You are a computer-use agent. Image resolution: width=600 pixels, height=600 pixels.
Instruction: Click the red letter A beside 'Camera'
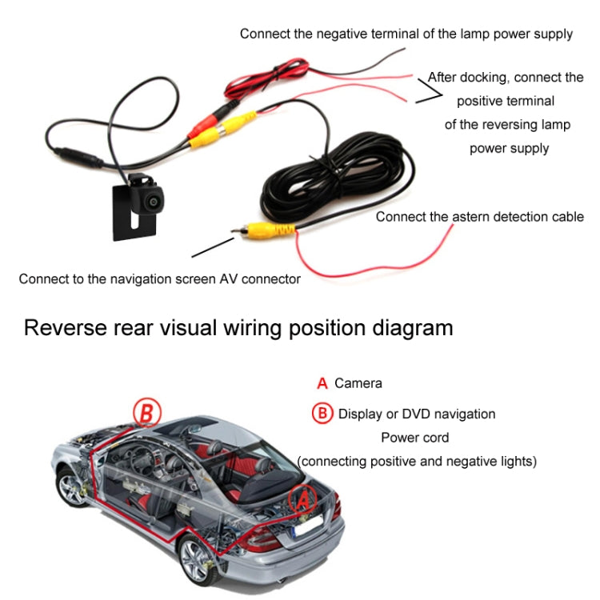[322, 383]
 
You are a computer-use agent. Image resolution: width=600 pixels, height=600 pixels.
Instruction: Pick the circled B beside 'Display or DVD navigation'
[322, 414]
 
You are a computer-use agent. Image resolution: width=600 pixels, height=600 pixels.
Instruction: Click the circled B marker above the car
[146, 413]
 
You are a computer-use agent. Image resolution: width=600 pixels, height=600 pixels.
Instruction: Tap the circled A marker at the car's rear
[302, 501]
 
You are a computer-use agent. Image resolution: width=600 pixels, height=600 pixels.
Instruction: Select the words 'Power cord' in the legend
[414, 438]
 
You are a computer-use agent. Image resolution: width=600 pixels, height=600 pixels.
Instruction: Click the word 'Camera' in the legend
[358, 383]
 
